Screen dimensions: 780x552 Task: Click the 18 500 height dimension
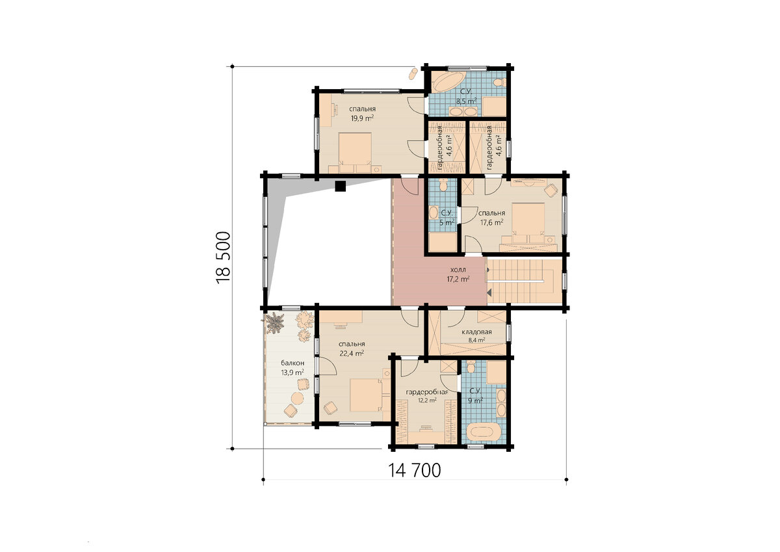click(223, 257)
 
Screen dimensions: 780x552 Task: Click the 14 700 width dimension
click(414, 470)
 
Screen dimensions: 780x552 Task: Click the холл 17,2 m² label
click(458, 274)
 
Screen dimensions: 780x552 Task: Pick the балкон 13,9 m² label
click(292, 368)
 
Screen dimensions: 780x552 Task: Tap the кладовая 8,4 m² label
click(476, 335)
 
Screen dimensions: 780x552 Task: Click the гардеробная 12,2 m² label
click(427, 396)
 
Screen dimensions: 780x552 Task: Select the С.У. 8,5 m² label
click(466, 96)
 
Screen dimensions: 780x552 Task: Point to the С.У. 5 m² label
click(447, 218)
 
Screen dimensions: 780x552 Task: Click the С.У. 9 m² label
click(475, 395)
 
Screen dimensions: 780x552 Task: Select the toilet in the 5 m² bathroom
click(443, 184)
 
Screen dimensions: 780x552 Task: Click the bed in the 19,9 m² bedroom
click(355, 152)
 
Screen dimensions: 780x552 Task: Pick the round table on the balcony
click(298, 398)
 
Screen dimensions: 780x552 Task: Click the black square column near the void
click(340, 186)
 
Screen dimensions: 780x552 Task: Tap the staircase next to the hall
click(524, 281)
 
